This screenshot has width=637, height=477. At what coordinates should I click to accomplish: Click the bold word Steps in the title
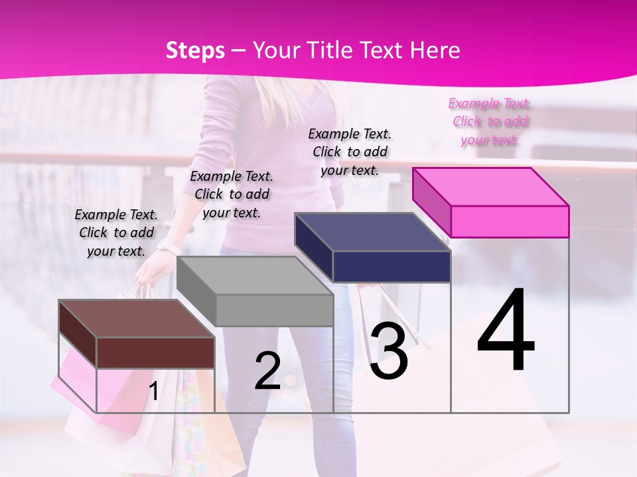(x=195, y=50)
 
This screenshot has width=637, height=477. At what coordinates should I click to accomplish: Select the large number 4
(x=506, y=331)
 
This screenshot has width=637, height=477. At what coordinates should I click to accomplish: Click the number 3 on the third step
(x=389, y=350)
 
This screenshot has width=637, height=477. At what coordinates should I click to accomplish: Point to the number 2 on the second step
(x=268, y=372)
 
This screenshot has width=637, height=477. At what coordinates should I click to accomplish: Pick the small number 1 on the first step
(x=153, y=392)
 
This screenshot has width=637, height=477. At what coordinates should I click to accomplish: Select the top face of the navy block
(x=372, y=232)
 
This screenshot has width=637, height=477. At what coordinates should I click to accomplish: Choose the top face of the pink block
(x=490, y=186)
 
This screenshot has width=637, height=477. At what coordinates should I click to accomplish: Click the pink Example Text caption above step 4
(x=490, y=121)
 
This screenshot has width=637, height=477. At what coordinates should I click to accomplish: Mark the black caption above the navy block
(x=350, y=152)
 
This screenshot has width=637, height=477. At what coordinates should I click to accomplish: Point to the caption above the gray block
(x=232, y=194)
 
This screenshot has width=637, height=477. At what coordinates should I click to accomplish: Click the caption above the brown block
(x=116, y=233)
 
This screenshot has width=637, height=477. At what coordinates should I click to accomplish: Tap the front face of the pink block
(x=510, y=221)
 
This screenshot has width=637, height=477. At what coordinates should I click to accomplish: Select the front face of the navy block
(x=391, y=267)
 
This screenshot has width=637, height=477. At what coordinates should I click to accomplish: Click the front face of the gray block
(x=274, y=310)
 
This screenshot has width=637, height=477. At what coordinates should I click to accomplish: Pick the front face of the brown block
(x=155, y=352)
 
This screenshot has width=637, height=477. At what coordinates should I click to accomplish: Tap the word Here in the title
(x=436, y=50)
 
